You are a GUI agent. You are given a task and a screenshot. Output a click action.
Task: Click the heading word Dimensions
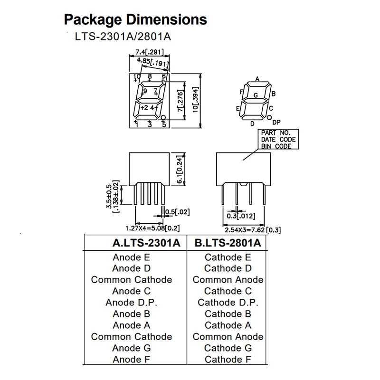(x=167, y=19)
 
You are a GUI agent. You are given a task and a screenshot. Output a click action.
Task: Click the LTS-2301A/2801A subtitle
(x=123, y=37)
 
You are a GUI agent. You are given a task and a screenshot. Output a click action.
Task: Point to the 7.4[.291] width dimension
(x=150, y=52)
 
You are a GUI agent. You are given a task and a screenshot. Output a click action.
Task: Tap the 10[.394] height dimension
(x=196, y=100)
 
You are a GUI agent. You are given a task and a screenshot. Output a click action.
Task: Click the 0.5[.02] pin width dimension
(x=177, y=212)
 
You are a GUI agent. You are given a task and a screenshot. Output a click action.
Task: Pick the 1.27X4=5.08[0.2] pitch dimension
(x=152, y=228)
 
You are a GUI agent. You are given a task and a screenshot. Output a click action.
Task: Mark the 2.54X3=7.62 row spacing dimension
(x=245, y=230)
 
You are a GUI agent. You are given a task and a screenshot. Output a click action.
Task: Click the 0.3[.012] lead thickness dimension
(x=241, y=216)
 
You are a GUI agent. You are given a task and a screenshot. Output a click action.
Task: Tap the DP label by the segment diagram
(x=276, y=123)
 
